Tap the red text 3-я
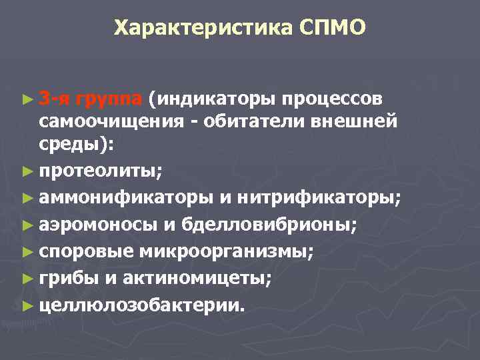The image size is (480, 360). (54, 99)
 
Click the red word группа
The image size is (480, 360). (109, 99)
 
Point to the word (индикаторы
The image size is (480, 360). (213, 99)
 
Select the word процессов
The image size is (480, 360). (332, 99)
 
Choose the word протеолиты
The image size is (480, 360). (99, 171)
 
